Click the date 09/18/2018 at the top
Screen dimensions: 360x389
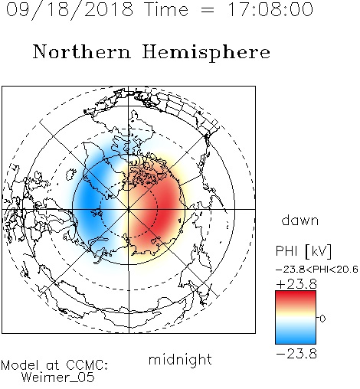coord(70,10)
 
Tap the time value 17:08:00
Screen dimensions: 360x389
coord(270,10)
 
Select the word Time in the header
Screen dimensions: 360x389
coord(166,10)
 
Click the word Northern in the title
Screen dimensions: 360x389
coord(82,51)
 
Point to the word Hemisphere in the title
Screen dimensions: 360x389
coord(206,52)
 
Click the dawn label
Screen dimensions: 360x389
coord(300,221)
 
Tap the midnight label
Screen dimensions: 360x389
coord(180,359)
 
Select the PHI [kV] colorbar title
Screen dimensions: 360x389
coord(303,251)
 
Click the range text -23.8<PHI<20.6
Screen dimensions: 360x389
coord(316,270)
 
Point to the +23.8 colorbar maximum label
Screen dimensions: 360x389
coord(296,284)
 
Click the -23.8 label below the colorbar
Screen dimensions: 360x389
coord(296,354)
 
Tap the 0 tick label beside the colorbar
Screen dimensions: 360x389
coord(322,319)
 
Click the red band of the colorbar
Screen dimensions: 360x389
coord(296,297)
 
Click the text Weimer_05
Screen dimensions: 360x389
coord(58,377)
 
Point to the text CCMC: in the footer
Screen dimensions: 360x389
coord(87,364)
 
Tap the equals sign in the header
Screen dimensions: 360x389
coord(208,10)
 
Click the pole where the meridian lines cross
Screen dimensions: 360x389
coord(129,209)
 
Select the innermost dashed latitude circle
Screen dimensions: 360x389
coord(129,181)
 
